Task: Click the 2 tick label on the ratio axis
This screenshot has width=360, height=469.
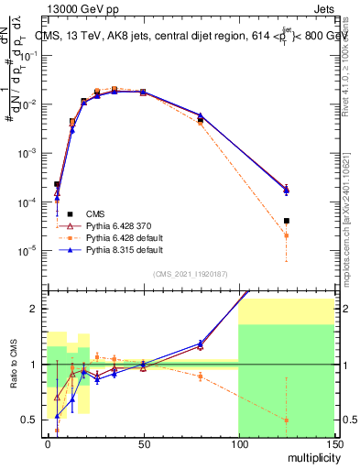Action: [37, 309]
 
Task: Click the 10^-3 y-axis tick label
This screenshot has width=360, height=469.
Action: [29, 152]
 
